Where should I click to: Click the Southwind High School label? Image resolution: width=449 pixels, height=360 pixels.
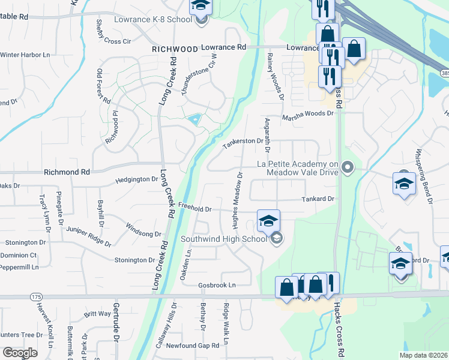coord(224,239)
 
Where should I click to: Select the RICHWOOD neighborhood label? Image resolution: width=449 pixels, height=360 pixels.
coord(175,48)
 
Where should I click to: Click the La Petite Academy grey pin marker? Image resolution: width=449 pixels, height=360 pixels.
coord(347,167)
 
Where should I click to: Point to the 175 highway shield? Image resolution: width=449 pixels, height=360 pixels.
coord(35,296)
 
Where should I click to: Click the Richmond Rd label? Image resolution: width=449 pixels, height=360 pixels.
coord(67,172)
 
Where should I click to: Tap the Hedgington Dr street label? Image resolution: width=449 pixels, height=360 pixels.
coord(137,179)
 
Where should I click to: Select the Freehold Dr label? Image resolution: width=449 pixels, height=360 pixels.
coord(196,208)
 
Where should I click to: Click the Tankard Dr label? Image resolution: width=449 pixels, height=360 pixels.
coord(317,199)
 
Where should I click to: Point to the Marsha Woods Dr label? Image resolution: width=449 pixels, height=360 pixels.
coord(307,113)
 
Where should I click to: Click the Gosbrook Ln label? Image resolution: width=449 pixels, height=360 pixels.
coord(217,285)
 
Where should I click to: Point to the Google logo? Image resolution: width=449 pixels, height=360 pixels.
coord(20,353)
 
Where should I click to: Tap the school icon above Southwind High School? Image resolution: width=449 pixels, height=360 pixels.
coord(268,220)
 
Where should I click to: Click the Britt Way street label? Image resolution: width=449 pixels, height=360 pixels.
coord(97,314)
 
